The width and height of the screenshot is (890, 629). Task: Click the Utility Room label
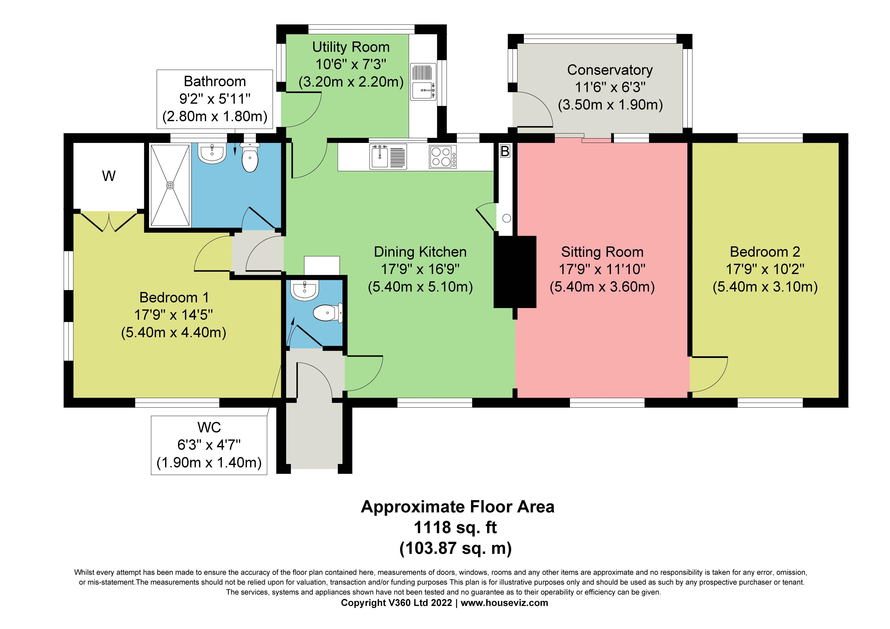click(351, 47)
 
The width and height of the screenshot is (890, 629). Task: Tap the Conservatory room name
click(610, 70)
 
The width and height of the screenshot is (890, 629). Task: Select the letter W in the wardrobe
click(109, 176)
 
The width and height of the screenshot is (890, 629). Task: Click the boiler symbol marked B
click(505, 151)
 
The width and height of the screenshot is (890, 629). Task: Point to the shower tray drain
click(170, 185)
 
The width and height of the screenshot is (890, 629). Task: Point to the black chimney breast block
click(515, 272)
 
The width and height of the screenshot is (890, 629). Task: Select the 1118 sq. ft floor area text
click(456, 527)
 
